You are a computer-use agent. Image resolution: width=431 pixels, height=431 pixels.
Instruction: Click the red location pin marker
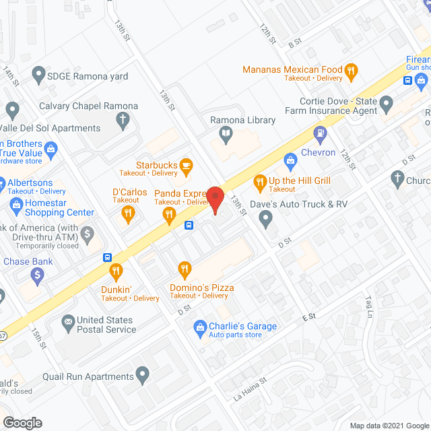[x=215, y=199]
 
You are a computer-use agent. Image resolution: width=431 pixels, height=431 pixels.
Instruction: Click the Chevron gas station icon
[x=291, y=160]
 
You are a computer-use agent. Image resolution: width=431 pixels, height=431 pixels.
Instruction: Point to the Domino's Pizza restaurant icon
[x=183, y=270]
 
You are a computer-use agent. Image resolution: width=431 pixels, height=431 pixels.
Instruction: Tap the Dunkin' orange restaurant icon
[x=116, y=271]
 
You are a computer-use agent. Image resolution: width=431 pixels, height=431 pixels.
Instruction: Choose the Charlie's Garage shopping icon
[x=199, y=327]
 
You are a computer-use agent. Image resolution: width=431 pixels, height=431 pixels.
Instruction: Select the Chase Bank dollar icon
[x=38, y=275]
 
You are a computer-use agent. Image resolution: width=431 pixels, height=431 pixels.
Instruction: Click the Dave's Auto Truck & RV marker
[x=266, y=217]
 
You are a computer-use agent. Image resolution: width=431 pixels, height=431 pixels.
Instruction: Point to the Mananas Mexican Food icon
[x=350, y=70]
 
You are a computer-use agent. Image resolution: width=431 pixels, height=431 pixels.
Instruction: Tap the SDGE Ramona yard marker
[x=38, y=76]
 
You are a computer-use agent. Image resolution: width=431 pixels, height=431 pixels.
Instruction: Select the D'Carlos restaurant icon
[x=127, y=215]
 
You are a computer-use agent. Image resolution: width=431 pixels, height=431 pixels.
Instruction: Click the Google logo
[x=22, y=422]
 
